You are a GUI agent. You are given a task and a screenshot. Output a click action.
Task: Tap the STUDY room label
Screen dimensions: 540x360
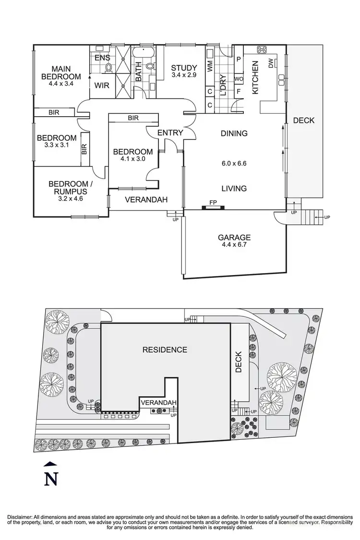[184, 68]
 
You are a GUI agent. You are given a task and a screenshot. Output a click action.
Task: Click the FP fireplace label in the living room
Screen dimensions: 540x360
[213, 203]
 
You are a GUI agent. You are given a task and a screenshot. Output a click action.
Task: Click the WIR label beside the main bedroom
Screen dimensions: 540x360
[101, 86]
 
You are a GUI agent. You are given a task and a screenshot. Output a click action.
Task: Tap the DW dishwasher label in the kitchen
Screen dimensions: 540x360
[271, 63]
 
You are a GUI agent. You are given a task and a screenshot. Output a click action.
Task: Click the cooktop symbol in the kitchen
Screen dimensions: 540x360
[262, 49]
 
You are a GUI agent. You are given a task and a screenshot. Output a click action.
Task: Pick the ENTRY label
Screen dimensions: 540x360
[170, 132]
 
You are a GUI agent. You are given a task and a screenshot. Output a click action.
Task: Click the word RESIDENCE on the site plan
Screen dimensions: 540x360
[165, 349]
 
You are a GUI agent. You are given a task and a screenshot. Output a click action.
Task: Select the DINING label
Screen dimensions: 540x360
[234, 133]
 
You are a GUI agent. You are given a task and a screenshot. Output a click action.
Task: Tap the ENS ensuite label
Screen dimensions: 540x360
[102, 58]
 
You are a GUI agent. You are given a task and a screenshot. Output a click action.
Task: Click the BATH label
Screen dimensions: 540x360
[139, 72]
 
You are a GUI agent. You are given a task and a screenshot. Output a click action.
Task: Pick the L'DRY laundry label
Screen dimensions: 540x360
[223, 84]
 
